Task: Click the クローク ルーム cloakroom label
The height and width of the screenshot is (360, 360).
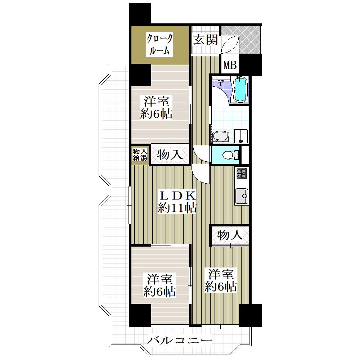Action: (x=159, y=45)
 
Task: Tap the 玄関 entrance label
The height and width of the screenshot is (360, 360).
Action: (x=205, y=40)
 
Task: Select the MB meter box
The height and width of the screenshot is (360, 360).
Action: (x=230, y=65)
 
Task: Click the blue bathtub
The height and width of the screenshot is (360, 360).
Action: (x=240, y=89)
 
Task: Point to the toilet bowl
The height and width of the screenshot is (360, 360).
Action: (x=229, y=155)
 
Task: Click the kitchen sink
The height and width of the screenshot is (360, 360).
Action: (x=242, y=196)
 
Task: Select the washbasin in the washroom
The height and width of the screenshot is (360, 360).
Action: (x=221, y=137)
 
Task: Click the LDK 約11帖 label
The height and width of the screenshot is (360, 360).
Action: (x=177, y=202)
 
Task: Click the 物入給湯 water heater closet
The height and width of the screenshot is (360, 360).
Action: (x=140, y=155)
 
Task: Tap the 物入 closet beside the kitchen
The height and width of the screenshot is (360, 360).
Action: (x=230, y=235)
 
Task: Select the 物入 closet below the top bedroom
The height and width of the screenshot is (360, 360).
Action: (x=170, y=155)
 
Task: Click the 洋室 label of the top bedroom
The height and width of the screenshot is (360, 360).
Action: (x=156, y=101)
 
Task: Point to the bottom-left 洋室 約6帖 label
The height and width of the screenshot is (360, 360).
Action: (x=159, y=285)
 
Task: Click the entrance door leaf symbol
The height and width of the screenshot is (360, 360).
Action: (x=230, y=44)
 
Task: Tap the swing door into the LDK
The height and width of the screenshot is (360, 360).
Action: (x=200, y=174)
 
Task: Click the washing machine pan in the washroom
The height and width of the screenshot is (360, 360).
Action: (x=241, y=136)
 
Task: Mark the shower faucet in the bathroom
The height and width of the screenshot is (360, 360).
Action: (x=221, y=82)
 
